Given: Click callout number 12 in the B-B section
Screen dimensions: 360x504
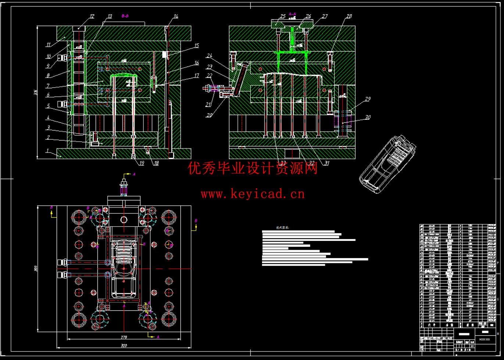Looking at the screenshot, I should pyautogui.click(x=92, y=17).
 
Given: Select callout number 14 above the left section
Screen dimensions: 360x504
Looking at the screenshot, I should pyautogui.click(x=176, y=17).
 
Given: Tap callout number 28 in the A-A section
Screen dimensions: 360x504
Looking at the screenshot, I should pyautogui.click(x=349, y=17).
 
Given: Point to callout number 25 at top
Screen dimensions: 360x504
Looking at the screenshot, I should pyautogui.click(x=283, y=17).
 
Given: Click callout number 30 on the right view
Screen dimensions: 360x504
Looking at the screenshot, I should pyautogui.click(x=368, y=117).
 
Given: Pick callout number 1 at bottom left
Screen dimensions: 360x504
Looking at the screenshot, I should pyautogui.click(x=47, y=150).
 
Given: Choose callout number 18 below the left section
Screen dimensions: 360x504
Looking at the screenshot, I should pyautogui.click(x=156, y=163).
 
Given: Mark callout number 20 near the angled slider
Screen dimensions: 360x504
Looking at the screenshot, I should pyautogui.click(x=209, y=115).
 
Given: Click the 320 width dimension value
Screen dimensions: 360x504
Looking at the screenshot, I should pyautogui.click(x=124, y=346).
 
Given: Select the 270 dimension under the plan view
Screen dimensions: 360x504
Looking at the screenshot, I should pyautogui.click(x=124, y=337).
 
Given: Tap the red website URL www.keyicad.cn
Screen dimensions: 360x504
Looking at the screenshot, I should pyautogui.click(x=253, y=194).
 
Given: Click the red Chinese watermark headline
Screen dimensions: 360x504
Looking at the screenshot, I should pyautogui.click(x=253, y=169).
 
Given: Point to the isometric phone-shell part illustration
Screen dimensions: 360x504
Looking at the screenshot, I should pyautogui.click(x=388, y=164).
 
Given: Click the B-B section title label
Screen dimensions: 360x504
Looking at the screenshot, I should pyautogui.click(x=125, y=16).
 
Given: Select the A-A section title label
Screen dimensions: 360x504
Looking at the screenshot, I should pyautogui.click(x=293, y=14).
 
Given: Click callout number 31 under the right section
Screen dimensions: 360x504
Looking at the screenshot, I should pyautogui.click(x=326, y=163).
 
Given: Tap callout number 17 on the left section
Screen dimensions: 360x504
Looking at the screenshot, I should pyautogui.click(x=197, y=76).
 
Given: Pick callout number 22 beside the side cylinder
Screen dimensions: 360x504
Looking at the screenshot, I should pyautogui.click(x=210, y=76).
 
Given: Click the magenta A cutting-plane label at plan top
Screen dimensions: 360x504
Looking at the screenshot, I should pyautogui.click(x=134, y=174).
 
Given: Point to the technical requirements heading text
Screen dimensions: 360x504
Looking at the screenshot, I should pyautogui.click(x=282, y=228).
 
